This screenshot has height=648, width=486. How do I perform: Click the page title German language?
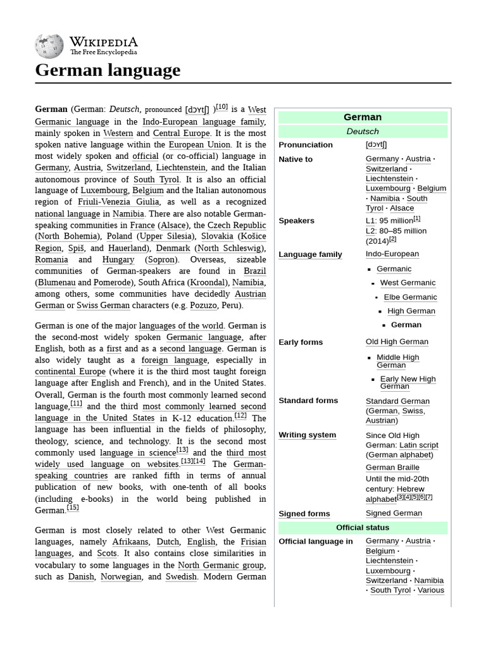click(108, 70)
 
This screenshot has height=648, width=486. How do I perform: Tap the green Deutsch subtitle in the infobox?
click(363, 132)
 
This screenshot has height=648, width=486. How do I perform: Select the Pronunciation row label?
click(306, 145)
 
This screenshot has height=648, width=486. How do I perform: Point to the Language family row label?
click(310, 254)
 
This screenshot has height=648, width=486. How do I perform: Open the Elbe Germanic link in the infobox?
click(410, 297)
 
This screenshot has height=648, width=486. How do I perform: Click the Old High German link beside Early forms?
click(397, 342)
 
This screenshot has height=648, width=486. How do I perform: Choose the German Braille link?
click(392, 468)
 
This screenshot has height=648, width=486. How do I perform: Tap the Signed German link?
click(394, 513)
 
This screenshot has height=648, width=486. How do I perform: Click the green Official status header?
click(363, 528)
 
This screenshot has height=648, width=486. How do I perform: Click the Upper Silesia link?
click(164, 236)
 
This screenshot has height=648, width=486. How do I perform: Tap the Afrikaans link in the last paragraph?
click(130, 542)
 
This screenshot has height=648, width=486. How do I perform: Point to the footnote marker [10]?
click(221, 108)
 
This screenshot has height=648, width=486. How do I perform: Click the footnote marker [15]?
click(73, 508)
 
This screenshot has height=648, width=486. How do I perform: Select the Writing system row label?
click(307, 435)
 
